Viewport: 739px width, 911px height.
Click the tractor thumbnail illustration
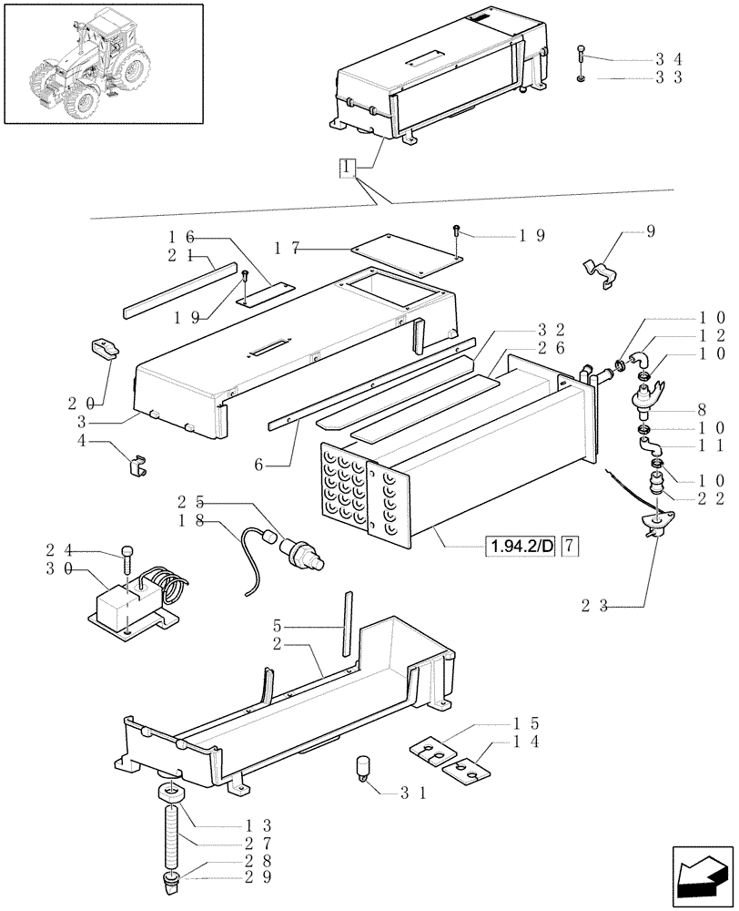tap(102, 64)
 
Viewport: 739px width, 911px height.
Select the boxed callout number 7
tap(569, 547)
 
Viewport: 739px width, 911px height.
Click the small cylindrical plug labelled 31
tap(363, 767)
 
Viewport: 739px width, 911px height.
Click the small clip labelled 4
tap(136, 466)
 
